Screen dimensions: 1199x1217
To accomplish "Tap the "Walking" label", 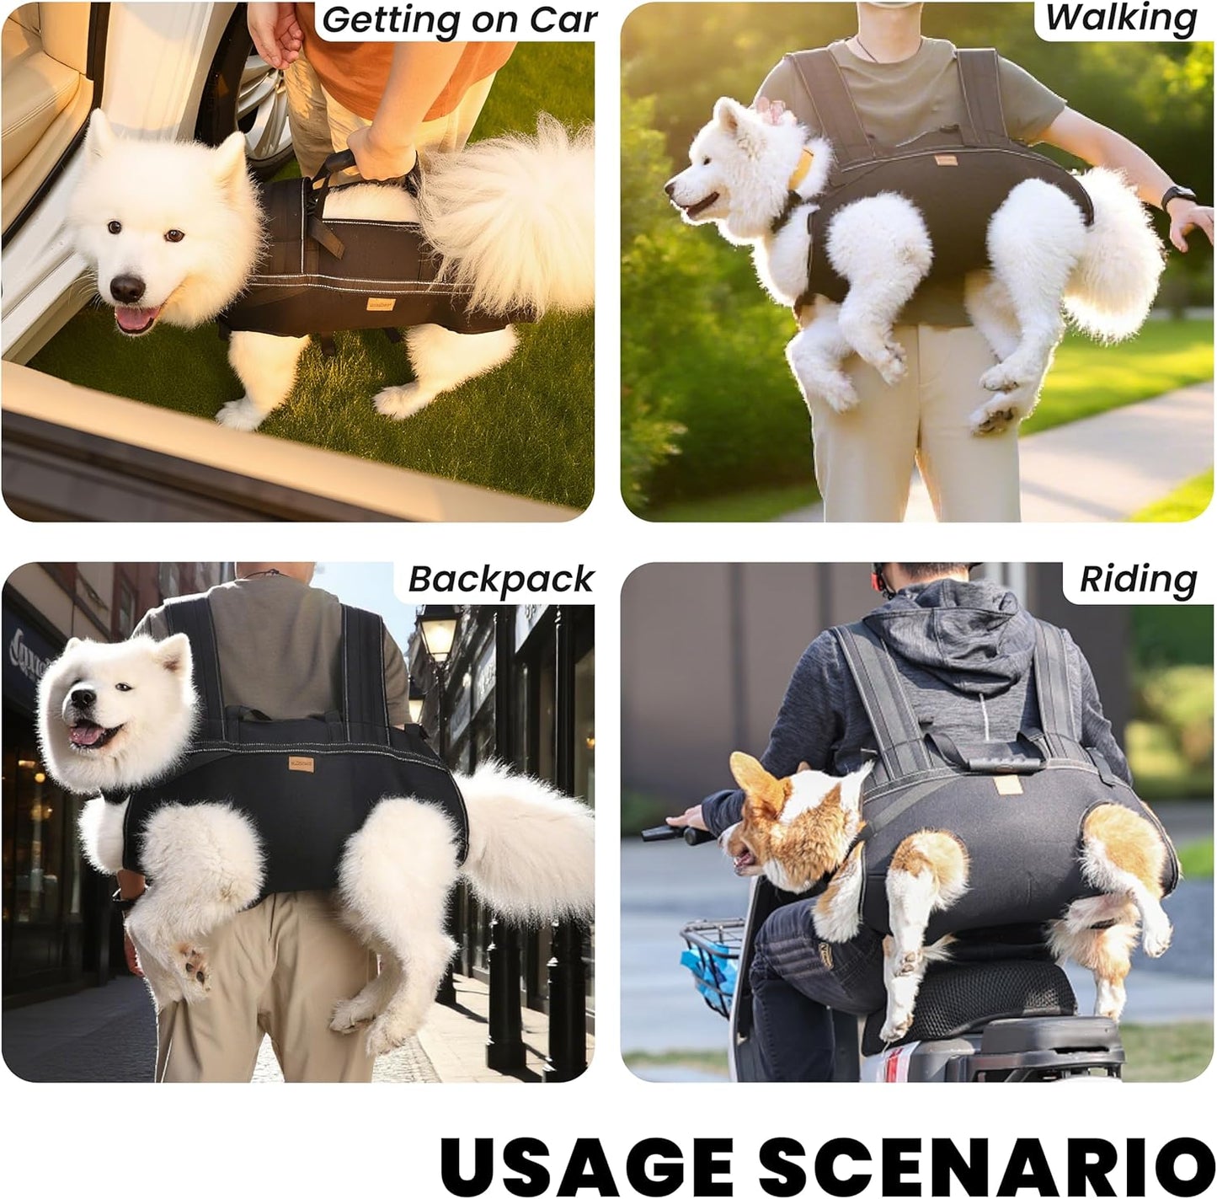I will click(1121, 19).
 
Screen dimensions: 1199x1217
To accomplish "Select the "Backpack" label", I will click(501, 580).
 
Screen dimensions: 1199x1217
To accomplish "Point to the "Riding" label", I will click(1138, 580).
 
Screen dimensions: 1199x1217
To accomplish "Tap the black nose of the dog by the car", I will click(127, 288).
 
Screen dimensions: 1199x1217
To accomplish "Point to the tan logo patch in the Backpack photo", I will click(301, 763).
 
